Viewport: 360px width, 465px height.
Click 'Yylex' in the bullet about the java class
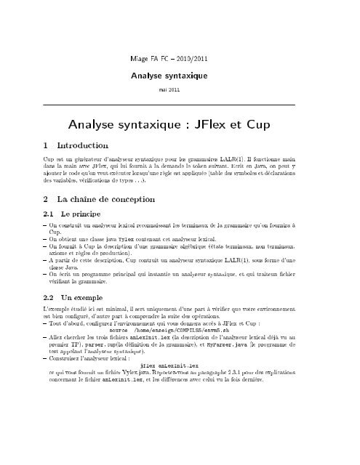(x=138, y=239)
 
